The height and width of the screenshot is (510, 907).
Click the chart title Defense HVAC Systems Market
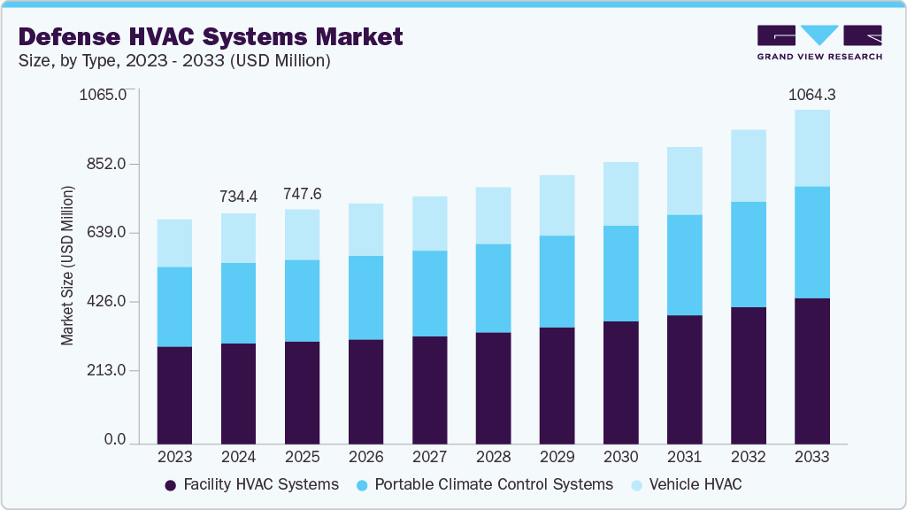pos(211,36)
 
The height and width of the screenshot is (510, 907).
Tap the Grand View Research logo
pos(819,42)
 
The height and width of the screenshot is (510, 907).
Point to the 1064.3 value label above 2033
pos(811,95)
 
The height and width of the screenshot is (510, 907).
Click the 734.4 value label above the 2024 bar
pos(238,196)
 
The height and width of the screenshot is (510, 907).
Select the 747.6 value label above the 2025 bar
pos(302,194)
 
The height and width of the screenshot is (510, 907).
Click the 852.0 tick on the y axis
pos(110,164)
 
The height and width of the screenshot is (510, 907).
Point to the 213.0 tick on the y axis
pos(110,371)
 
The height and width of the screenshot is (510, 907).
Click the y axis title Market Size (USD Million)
pos(67,266)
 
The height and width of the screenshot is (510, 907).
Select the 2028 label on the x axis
pos(493,457)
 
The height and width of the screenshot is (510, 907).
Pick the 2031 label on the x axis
pos(684,457)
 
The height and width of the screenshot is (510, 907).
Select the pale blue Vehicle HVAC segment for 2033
pos(811,148)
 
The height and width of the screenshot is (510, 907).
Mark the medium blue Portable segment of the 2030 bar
pos(620,274)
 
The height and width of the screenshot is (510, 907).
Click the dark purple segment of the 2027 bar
pos(429,390)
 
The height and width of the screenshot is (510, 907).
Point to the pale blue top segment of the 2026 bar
pos(365,229)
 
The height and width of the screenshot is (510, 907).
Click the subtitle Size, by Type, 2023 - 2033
pos(174,61)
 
